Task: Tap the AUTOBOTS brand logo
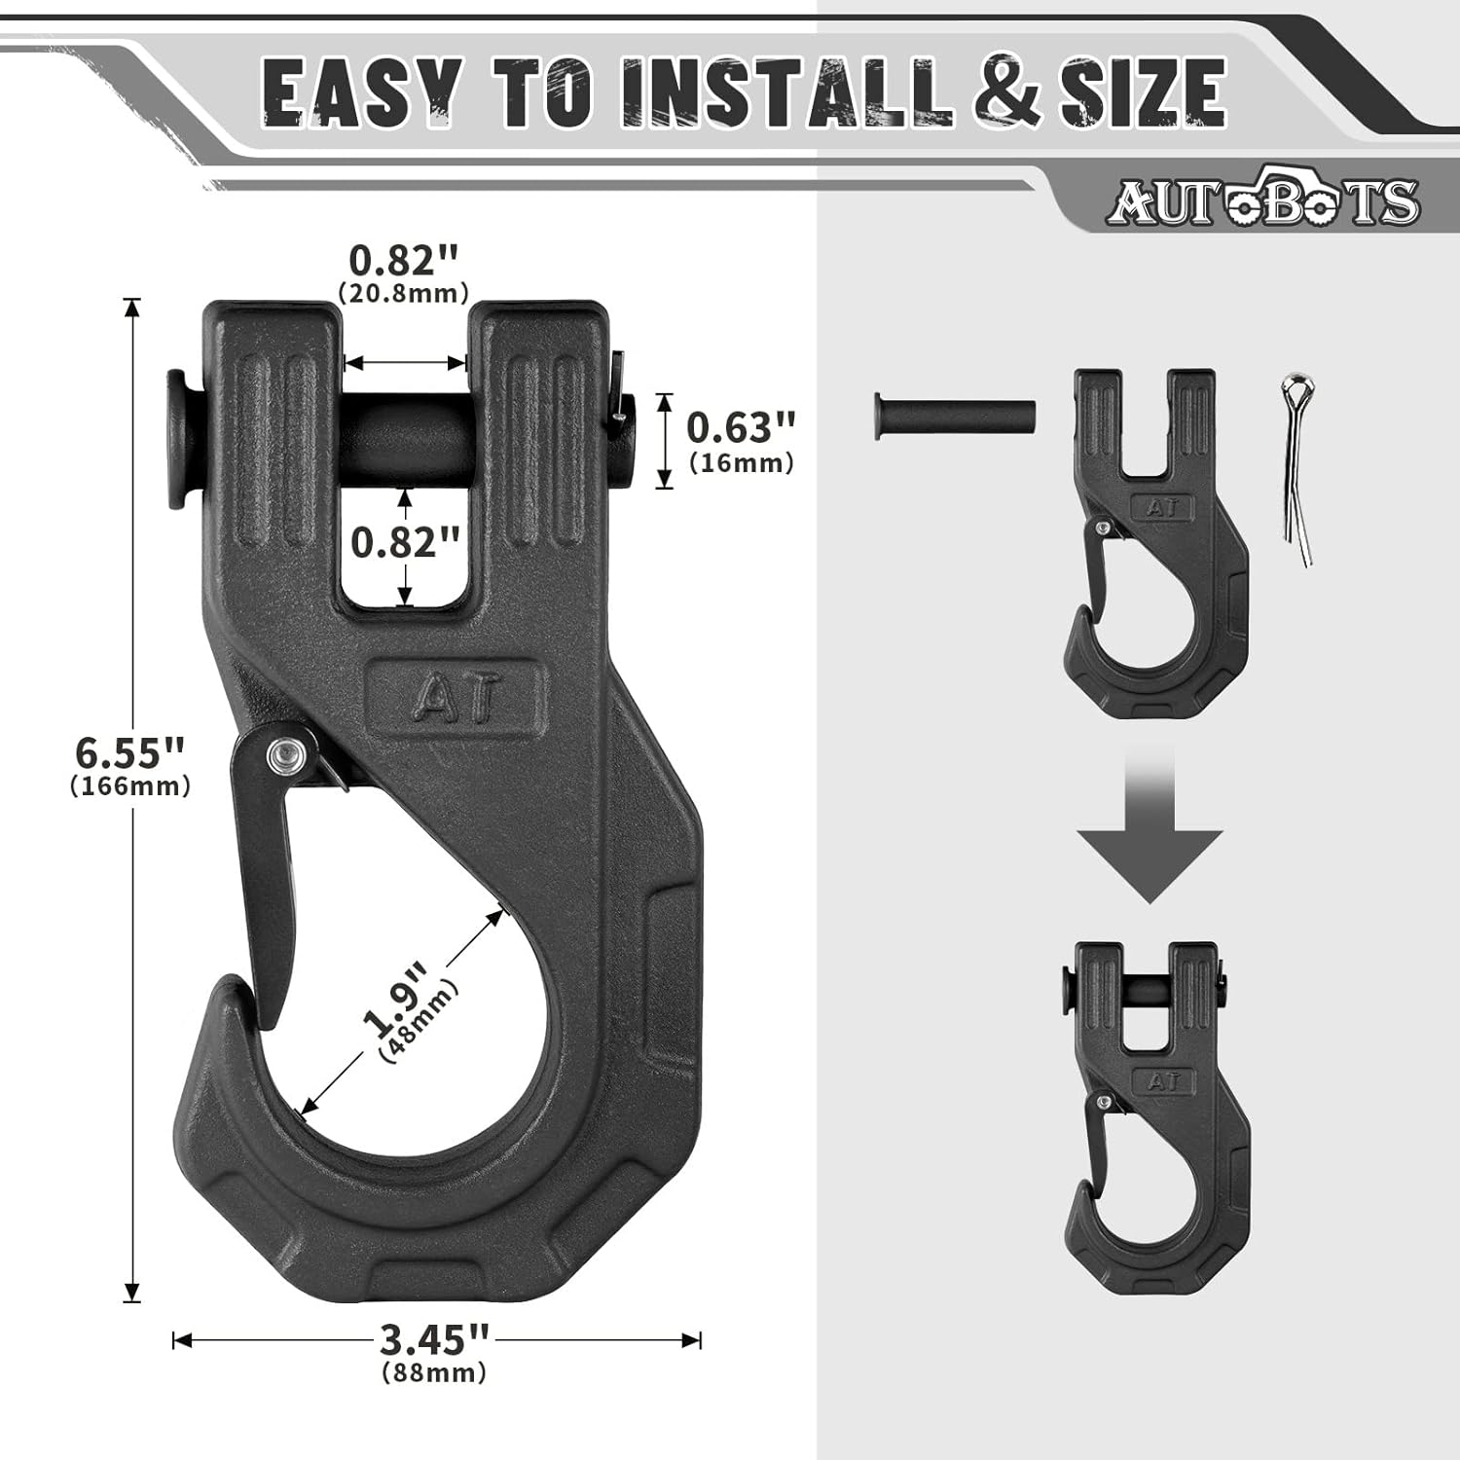1262,200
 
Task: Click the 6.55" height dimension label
129,752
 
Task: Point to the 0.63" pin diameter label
741,427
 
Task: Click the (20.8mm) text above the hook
403,292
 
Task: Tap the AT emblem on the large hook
453,695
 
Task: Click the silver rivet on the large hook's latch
284,752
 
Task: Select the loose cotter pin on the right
1297,467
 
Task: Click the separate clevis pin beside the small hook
954,417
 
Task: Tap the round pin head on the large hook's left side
177,439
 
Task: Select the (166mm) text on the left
130,786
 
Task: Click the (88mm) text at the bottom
434,1372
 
